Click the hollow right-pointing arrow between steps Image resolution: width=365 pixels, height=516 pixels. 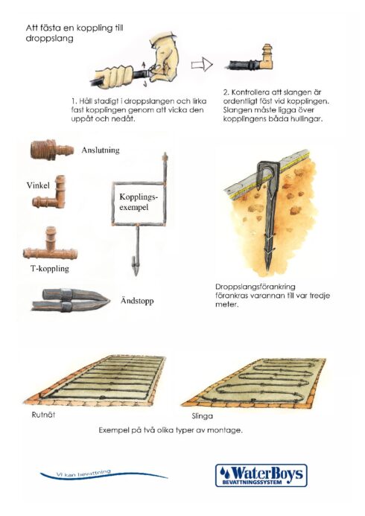pos(202,65)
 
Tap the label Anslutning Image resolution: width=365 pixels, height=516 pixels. pos(101,150)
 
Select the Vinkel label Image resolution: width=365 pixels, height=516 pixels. pos(38,185)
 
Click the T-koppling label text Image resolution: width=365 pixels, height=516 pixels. pos(50,269)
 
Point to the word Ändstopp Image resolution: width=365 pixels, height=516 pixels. pos(137,301)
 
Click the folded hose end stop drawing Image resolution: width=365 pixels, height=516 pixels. pos(71,299)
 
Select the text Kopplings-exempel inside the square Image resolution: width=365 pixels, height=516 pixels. pos(139,202)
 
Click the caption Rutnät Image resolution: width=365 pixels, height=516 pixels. pos(43,415)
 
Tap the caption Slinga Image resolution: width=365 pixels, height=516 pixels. pos(202,416)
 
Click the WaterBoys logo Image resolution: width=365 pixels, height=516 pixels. pos(261,475)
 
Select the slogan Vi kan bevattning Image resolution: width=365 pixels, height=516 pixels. pos(83,473)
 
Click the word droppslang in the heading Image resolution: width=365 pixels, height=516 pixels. pos(49,39)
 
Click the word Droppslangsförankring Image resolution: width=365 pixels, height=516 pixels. pos(255,287)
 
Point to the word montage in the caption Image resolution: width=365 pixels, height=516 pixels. pos(224,430)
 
